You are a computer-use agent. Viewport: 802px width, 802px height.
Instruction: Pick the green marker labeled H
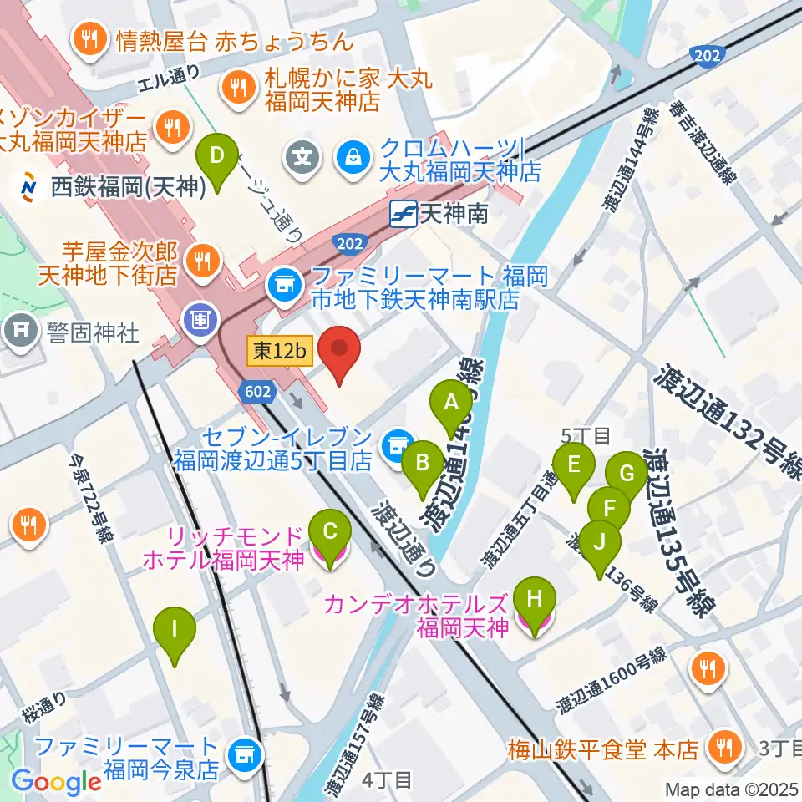click(x=535, y=601)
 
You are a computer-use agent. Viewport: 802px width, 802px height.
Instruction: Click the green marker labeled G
click(x=626, y=475)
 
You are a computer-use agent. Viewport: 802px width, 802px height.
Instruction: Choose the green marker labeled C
click(x=330, y=532)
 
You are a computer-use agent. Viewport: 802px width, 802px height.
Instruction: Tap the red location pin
click(x=340, y=350)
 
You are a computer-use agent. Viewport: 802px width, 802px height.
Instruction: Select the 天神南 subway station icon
click(x=404, y=215)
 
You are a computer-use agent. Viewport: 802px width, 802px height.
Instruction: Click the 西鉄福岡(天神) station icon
click(x=28, y=187)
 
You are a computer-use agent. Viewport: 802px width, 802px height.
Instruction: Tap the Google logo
click(x=56, y=782)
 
